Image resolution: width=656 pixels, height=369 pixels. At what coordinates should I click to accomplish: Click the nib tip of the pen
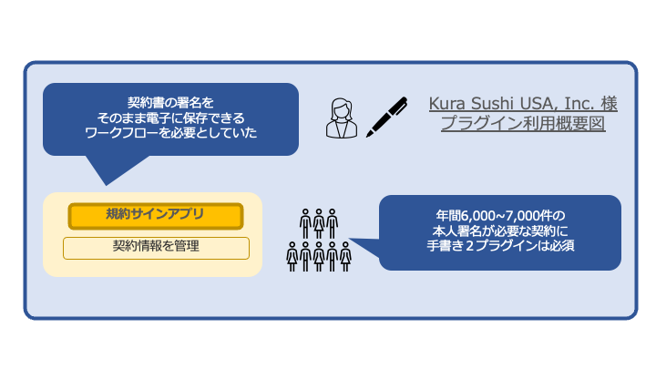coord(369,136)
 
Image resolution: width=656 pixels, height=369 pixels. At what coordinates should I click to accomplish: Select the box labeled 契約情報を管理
coord(155,246)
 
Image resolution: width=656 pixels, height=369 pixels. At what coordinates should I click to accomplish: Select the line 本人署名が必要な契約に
coord(499,231)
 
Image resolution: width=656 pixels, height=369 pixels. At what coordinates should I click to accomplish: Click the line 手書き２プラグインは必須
coord(499,247)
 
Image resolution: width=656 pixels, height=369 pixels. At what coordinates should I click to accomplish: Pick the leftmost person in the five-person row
coord(292,256)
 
